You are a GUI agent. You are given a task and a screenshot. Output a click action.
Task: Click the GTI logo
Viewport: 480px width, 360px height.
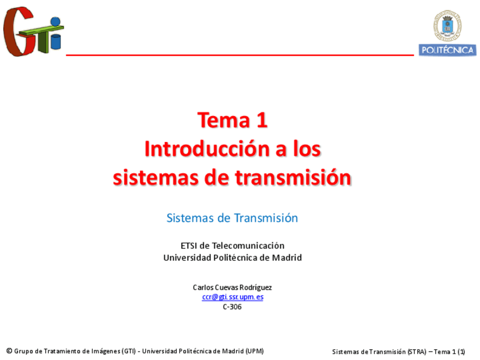pyautogui.click(x=33, y=31)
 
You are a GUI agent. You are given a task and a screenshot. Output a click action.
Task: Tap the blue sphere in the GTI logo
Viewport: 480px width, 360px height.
pyautogui.click(x=55, y=22)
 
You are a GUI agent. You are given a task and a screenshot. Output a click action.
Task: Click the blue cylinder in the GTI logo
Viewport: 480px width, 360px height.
pyautogui.click(x=55, y=42)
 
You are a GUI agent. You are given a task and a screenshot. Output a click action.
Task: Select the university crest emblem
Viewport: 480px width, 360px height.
pyautogui.click(x=447, y=25)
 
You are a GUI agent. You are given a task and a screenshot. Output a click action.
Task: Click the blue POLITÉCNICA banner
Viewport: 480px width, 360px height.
pyautogui.click(x=447, y=50)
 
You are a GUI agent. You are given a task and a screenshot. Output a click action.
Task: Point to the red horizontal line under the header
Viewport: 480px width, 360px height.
pyautogui.click(x=239, y=55)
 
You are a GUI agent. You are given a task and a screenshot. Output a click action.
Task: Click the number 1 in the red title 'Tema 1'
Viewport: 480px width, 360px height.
pyautogui.click(x=262, y=120)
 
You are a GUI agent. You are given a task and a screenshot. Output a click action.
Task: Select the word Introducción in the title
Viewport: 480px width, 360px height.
pyautogui.click(x=207, y=149)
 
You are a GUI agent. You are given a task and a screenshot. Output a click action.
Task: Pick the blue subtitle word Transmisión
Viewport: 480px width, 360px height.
pyautogui.click(x=266, y=218)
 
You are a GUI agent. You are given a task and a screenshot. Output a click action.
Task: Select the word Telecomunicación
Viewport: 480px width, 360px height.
pyautogui.click(x=248, y=246)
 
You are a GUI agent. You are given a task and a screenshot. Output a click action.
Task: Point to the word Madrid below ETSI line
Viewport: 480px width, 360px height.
pyautogui.click(x=287, y=258)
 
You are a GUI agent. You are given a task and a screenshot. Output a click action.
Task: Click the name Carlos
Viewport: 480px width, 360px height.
pyautogui.click(x=203, y=288)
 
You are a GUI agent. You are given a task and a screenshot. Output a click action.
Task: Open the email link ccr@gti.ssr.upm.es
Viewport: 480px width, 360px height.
pyautogui.click(x=233, y=297)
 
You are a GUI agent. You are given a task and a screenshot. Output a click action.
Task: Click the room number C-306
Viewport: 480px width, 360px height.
pyautogui.click(x=232, y=307)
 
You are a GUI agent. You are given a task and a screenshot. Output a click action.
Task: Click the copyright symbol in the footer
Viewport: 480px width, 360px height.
pyautogui.click(x=9, y=351)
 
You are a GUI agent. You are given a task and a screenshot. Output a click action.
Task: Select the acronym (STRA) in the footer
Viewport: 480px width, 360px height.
pyautogui.click(x=417, y=352)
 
